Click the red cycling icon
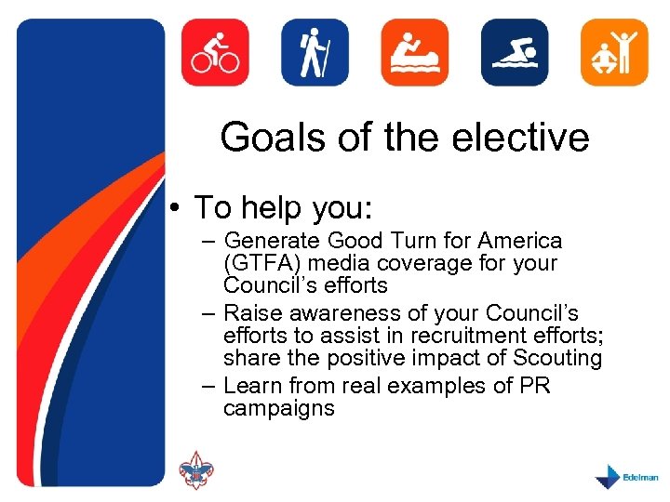215,52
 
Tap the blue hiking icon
315,52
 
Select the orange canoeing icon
414,52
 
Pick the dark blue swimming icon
514,52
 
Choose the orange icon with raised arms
614,52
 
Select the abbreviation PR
536,385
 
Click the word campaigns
278,408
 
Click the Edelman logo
626,476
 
